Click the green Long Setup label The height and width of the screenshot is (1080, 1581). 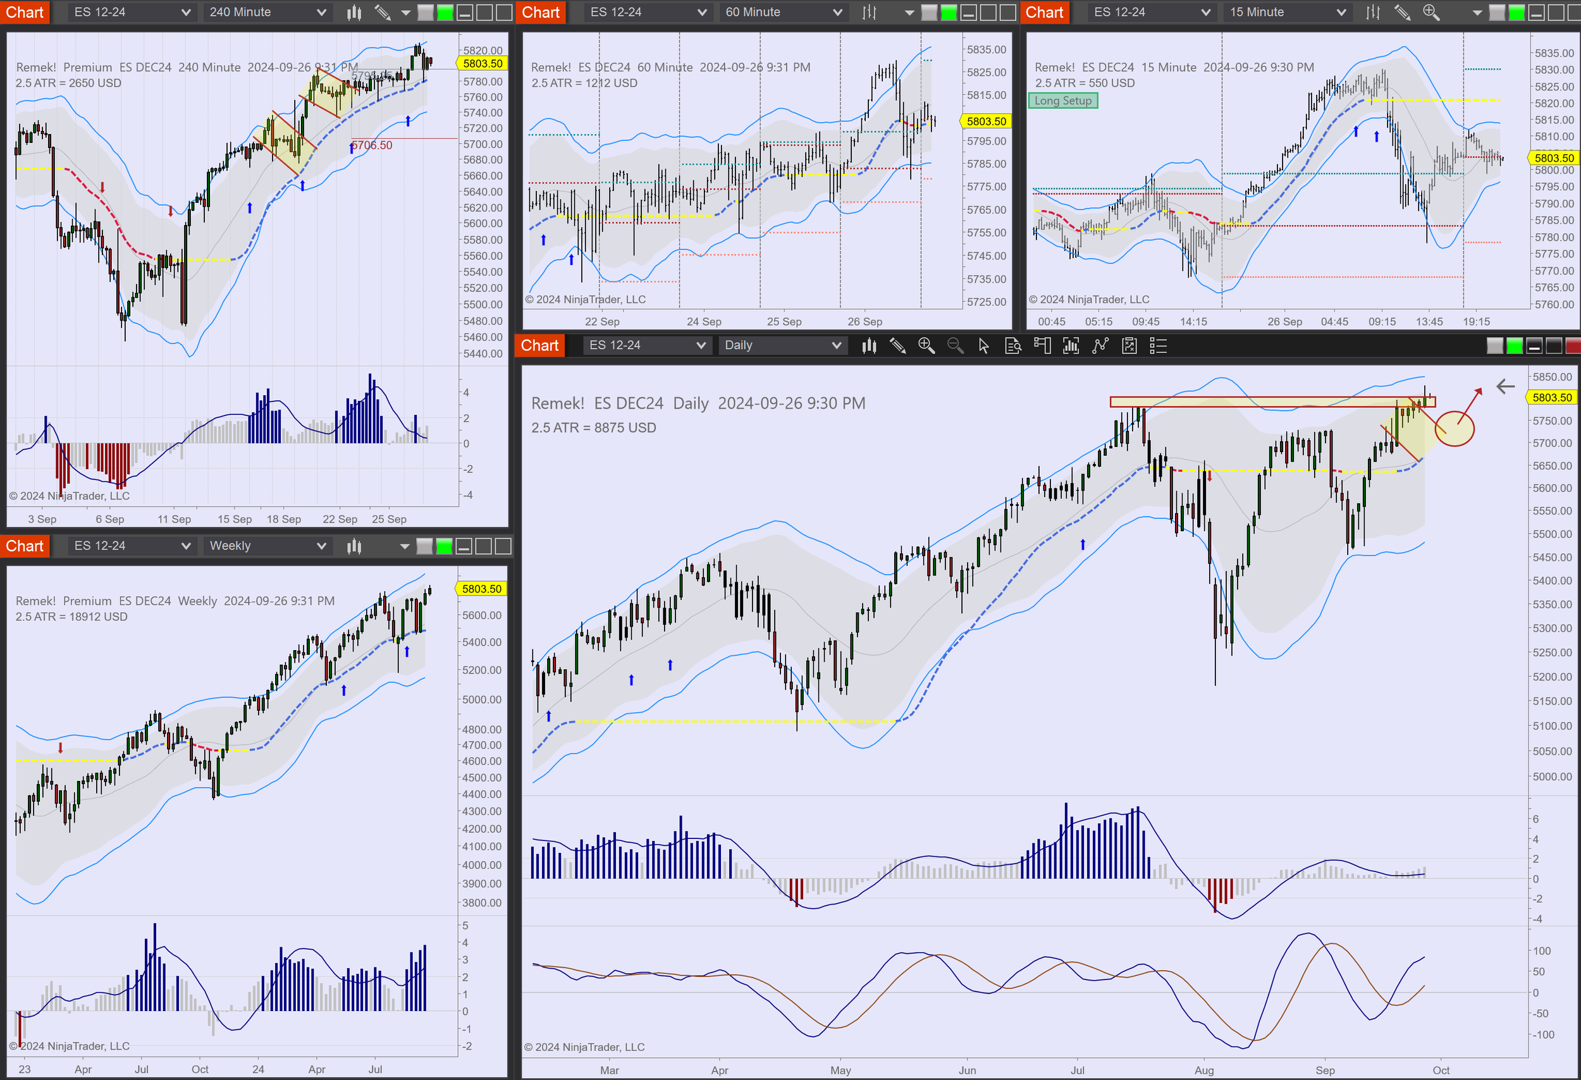pyautogui.click(x=1062, y=101)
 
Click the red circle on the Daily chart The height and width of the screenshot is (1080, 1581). pyautogui.click(x=1454, y=429)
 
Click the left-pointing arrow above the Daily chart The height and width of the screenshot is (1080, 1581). pyautogui.click(x=1505, y=387)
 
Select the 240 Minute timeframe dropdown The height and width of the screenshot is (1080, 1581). pyautogui.click(x=267, y=12)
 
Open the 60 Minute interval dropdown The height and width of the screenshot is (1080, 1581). pyautogui.click(x=783, y=12)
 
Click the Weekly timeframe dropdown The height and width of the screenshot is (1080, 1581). pyautogui.click(x=267, y=546)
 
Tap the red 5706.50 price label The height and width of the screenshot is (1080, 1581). pyautogui.click(x=373, y=145)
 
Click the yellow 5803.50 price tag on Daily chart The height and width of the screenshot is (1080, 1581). pyautogui.click(x=1552, y=397)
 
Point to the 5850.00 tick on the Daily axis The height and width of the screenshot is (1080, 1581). pyautogui.click(x=1552, y=377)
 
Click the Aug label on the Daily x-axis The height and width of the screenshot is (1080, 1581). pyautogui.click(x=1203, y=1070)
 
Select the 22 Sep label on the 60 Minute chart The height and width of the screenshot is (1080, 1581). pyautogui.click(x=602, y=322)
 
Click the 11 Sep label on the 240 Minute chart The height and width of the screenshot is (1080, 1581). pyautogui.click(x=174, y=519)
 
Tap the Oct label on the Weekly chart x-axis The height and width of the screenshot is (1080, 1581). pyautogui.click(x=200, y=1069)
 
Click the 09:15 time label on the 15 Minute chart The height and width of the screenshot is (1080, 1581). pyautogui.click(x=1382, y=322)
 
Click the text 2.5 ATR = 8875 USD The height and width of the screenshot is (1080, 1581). pyautogui.click(x=593, y=428)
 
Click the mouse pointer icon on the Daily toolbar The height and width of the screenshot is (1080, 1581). pyautogui.click(x=984, y=346)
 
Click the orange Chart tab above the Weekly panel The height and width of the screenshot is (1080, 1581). pyautogui.click(x=25, y=546)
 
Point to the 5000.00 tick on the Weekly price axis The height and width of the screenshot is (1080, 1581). pyautogui.click(x=481, y=699)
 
